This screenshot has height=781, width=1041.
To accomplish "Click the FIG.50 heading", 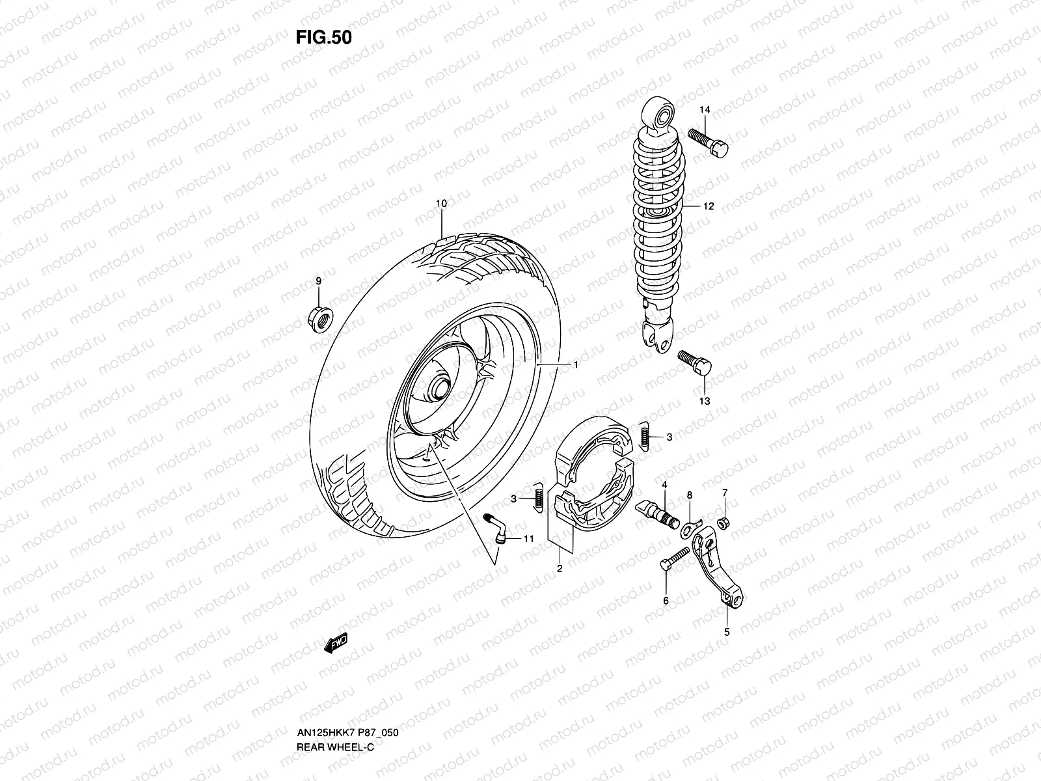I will [x=323, y=38].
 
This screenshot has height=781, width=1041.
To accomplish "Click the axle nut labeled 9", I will [x=319, y=318].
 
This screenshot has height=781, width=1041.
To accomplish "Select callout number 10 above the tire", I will [x=441, y=204].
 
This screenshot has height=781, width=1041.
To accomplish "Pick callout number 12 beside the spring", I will [x=709, y=206].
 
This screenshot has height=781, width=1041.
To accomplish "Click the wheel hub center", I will [x=439, y=389].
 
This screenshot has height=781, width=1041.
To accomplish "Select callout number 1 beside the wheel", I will [x=575, y=365].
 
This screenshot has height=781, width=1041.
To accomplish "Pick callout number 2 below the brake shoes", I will [x=559, y=569].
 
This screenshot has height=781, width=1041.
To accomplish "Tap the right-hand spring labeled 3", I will [x=645, y=434].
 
